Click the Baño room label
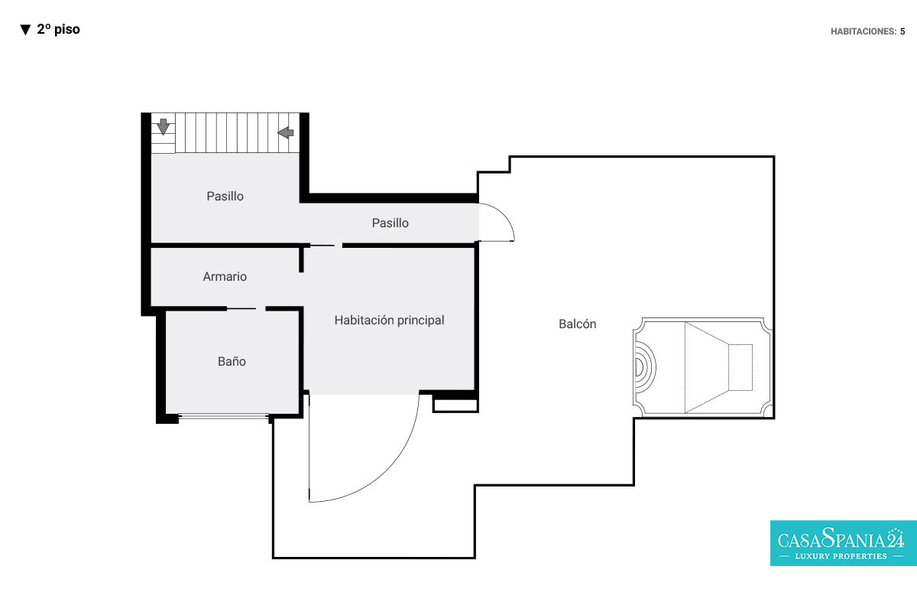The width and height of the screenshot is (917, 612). pyautogui.click(x=232, y=361)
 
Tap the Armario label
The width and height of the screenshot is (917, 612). pyautogui.click(x=225, y=276)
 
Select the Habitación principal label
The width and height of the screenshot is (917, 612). pyautogui.click(x=389, y=320)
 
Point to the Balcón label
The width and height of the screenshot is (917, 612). pyautogui.click(x=577, y=324)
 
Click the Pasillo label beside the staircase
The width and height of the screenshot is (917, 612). pyautogui.click(x=225, y=196)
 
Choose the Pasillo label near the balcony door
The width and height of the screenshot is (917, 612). pyautogui.click(x=390, y=223)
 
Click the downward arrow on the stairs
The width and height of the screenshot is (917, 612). pyautogui.click(x=164, y=127)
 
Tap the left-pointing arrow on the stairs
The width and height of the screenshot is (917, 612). pyautogui.click(x=285, y=132)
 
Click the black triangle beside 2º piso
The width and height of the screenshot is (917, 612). pyautogui.click(x=25, y=30)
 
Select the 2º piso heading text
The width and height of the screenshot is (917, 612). pyautogui.click(x=59, y=29)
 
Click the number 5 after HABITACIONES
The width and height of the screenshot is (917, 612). pyautogui.click(x=902, y=31)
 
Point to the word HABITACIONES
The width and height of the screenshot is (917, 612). pyautogui.click(x=864, y=31)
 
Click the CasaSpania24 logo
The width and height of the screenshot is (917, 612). pyautogui.click(x=844, y=543)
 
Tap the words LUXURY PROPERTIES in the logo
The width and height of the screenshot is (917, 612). pyautogui.click(x=841, y=556)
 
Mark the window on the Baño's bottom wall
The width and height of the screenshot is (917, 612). pyautogui.click(x=223, y=416)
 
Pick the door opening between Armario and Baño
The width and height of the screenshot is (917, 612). pyautogui.click(x=246, y=308)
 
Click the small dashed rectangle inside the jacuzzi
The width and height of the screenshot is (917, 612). pyautogui.click(x=740, y=367)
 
